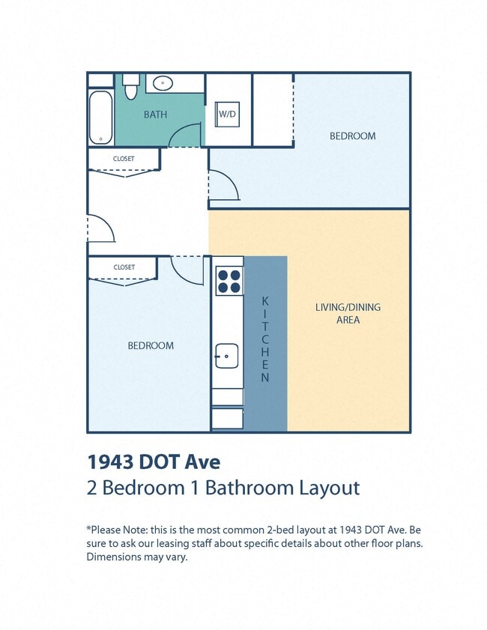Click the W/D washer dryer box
coord(227,115)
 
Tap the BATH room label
coord(156,115)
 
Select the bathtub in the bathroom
coord(100,118)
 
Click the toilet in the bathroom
coord(130,87)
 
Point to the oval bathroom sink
coord(163,83)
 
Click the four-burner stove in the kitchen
coord(229,281)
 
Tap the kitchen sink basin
coord(227,356)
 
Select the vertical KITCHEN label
coord(265,339)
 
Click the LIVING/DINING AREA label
coord(348,313)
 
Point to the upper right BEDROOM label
coord(353,136)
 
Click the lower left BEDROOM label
coord(151,345)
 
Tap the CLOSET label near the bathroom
coord(124,159)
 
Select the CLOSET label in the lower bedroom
coord(124,267)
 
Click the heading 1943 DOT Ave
coord(154,461)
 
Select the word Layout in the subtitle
coord(329,488)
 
